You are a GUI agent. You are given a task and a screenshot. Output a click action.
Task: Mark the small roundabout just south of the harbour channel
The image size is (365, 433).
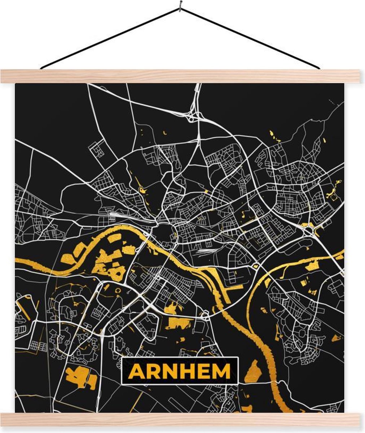coord(205,316)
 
